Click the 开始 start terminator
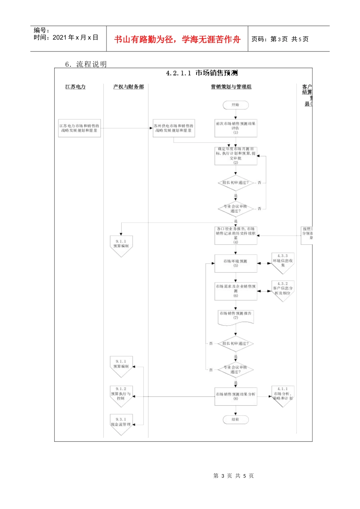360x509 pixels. (235, 105)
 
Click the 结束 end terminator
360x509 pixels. (235, 420)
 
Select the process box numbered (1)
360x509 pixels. (236, 128)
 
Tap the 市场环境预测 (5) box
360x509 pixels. (236, 263)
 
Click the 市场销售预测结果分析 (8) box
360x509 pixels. (236, 396)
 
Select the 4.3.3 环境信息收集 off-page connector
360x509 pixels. (283, 262)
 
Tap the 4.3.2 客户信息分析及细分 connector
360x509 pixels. (283, 290)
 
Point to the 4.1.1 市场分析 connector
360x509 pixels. (283, 395)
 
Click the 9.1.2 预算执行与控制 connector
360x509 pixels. (121, 395)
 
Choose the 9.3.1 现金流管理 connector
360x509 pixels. (121, 423)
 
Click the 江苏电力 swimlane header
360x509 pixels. (75, 87)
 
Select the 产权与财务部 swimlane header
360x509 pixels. (128, 87)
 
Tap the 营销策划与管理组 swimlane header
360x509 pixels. (231, 87)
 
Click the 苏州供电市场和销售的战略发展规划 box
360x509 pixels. (174, 128)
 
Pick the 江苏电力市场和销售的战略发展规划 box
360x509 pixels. (79, 128)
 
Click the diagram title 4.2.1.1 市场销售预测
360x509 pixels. (202, 73)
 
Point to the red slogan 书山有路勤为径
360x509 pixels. (177, 39)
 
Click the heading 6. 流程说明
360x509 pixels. (86, 64)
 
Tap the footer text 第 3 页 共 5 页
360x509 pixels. (233, 476)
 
